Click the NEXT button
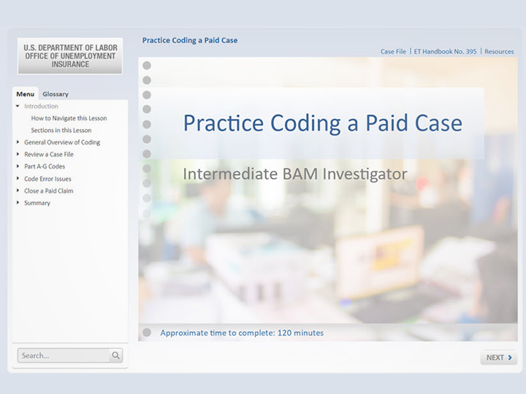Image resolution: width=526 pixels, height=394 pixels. [x=499, y=358]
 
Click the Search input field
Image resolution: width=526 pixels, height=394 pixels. [x=64, y=355]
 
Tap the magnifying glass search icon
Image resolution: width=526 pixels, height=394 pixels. [x=115, y=355]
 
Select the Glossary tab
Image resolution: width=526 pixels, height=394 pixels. [x=56, y=94]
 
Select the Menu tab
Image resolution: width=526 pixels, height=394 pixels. [x=25, y=94]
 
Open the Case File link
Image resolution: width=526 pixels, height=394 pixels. [x=393, y=52]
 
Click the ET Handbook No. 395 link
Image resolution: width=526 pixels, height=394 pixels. [x=445, y=52]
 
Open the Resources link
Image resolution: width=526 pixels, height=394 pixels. [x=499, y=52]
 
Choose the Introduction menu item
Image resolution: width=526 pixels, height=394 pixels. [x=41, y=107]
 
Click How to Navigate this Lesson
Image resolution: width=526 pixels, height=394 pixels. [x=69, y=118]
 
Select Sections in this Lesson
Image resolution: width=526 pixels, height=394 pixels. [x=61, y=131]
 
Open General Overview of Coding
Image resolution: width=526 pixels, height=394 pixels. [x=62, y=142]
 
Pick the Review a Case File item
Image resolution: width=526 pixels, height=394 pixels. [x=49, y=155]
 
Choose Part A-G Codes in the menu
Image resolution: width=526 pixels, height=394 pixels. [x=45, y=166]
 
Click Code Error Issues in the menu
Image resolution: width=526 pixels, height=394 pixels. [x=47, y=179]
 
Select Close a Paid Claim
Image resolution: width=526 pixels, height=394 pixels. [x=49, y=191]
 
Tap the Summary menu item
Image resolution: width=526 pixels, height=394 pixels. [x=37, y=203]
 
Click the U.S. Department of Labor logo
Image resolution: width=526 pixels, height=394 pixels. [x=70, y=55]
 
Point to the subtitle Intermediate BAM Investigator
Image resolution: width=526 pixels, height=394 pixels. [x=294, y=174]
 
